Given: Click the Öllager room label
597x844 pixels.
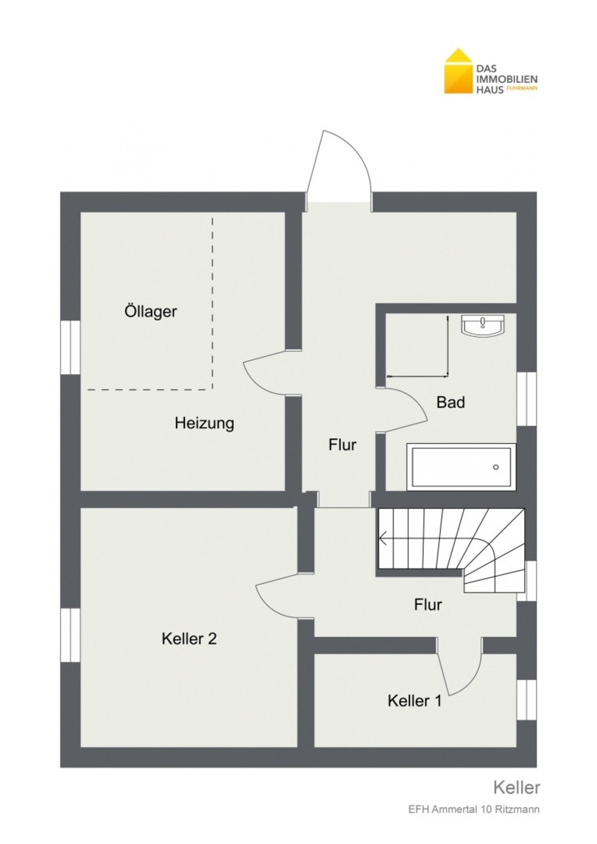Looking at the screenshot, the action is coord(150,312).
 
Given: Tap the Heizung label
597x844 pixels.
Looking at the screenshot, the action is coord(204,423).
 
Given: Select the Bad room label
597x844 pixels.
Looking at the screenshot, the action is coord(451,403).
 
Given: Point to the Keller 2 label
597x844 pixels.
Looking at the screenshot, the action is coord(189,639).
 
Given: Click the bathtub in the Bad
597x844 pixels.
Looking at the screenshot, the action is coord(461,467).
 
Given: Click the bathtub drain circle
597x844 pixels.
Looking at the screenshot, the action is coord(496,468).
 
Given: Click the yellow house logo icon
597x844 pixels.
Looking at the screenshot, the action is coord(458,71).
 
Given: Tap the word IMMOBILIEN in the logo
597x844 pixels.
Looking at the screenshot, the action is coord(507,79).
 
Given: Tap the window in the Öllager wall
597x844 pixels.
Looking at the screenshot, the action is coord(70,348).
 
